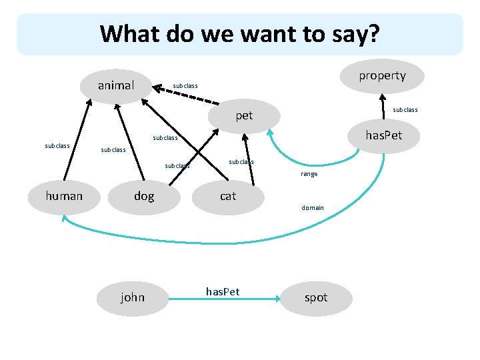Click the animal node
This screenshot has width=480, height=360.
(x=116, y=85)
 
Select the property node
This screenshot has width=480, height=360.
(x=382, y=75)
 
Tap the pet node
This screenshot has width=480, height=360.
(x=244, y=115)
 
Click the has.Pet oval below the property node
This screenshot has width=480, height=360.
(x=383, y=136)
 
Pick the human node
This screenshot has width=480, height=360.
(x=64, y=195)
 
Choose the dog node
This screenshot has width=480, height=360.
(x=143, y=195)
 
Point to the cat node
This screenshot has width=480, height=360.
(x=228, y=195)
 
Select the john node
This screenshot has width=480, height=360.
(x=132, y=297)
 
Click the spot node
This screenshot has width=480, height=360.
(x=315, y=297)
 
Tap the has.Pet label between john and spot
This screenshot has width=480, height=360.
(x=223, y=291)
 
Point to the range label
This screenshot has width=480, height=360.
(x=309, y=174)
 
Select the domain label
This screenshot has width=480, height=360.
(x=313, y=207)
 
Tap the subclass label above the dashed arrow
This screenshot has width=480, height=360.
(x=185, y=85)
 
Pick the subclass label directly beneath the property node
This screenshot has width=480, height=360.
(x=405, y=109)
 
